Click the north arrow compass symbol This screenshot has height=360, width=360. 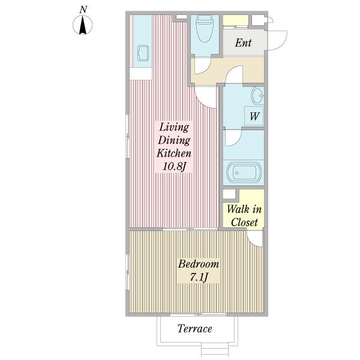click(83, 25)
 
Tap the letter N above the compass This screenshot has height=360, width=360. click(83, 10)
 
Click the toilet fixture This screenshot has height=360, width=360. click(205, 29)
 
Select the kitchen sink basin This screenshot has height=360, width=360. click(143, 53)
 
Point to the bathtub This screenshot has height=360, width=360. click(244, 172)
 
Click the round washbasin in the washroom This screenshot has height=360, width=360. click(258, 95)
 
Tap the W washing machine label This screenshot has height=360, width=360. click(254, 116)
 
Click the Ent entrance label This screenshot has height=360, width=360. click(243, 43)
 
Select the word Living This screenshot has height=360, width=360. click(174, 127)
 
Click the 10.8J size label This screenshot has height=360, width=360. click(174, 166)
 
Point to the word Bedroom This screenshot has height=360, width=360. click(199, 264)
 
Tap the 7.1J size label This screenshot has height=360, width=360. click(199, 277)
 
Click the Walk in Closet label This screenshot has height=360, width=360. click(244, 216)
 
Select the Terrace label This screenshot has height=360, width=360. click(194, 329)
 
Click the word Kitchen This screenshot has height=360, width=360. click(174, 153)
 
